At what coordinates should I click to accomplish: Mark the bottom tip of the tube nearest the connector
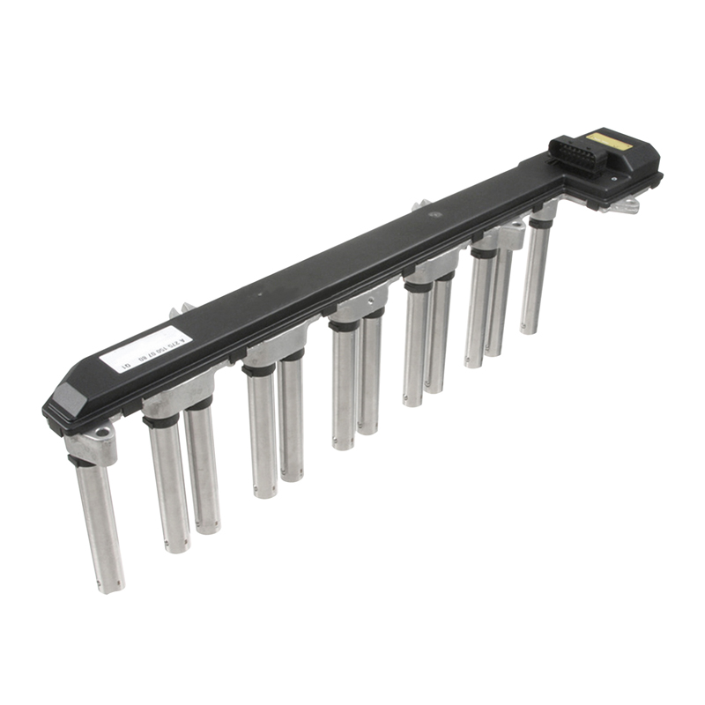click(x=530, y=330)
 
